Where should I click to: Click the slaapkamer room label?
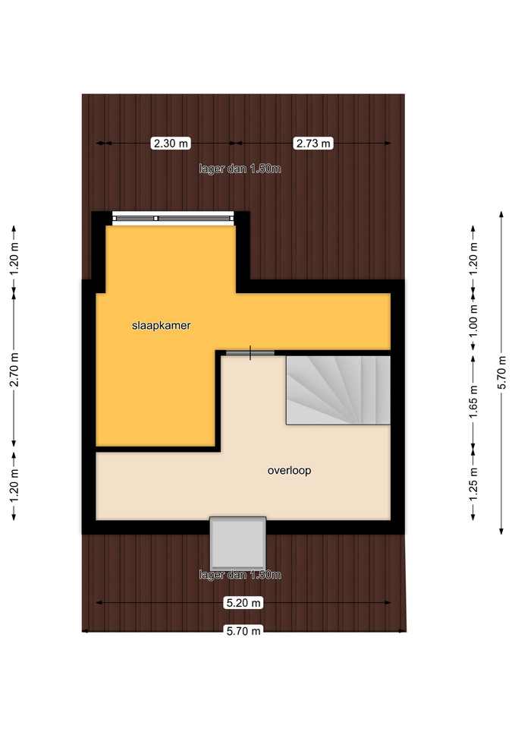click(161, 326)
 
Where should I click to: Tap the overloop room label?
click(289, 470)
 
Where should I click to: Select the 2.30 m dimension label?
click(171, 144)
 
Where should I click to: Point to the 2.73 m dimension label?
click(313, 144)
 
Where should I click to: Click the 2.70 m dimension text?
click(14, 369)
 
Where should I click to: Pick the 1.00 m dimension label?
click(473, 321)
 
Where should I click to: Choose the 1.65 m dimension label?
click(473, 402)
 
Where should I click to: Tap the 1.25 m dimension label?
click(473, 484)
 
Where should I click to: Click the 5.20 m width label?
click(243, 603)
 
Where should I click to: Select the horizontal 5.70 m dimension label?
click(243, 631)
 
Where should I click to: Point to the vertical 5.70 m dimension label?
click(501, 372)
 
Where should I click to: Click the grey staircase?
click(338, 390)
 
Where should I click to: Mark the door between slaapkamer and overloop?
click(250, 353)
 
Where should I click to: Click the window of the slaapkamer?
click(173, 218)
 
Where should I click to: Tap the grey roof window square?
click(237, 543)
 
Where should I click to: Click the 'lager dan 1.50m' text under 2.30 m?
click(240, 169)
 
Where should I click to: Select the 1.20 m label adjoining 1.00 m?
click(473, 258)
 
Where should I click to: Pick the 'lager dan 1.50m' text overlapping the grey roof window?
click(240, 575)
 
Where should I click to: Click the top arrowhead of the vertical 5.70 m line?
click(501, 214)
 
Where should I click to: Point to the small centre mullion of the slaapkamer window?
click(156, 218)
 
